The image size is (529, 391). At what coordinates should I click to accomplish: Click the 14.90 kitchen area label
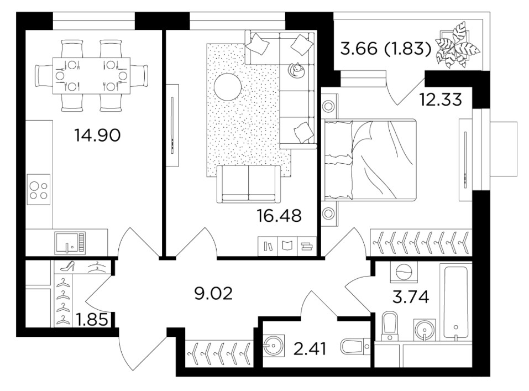97,135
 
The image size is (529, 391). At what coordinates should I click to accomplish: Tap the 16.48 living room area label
279,216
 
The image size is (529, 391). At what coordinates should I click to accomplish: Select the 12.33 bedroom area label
440,100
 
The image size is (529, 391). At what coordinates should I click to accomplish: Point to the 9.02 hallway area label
213,294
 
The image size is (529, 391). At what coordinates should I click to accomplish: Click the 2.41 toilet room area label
310,349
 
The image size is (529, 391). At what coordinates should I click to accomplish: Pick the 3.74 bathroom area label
411,297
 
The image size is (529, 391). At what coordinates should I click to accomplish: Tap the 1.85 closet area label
92,320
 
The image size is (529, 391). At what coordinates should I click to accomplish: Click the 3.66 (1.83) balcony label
386,49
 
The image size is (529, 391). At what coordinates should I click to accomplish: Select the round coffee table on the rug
228,86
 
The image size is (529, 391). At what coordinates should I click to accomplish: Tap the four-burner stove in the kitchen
39,190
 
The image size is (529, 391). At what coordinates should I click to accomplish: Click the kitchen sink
70,243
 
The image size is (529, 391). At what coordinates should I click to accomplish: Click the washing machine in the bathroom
404,272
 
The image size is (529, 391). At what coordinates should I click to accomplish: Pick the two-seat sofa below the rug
249,184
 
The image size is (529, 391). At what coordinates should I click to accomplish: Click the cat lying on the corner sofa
296,69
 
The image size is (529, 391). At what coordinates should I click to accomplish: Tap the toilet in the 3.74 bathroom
390,326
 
